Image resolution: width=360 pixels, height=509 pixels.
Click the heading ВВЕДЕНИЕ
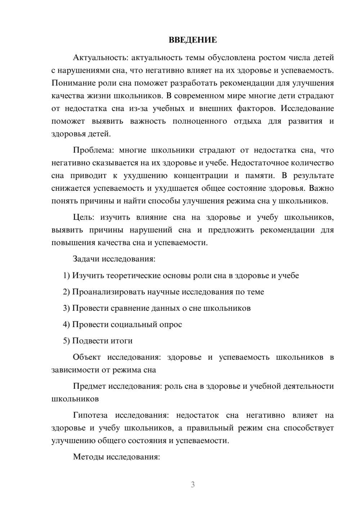(193, 40)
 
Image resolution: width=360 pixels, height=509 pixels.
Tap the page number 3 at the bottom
(193, 485)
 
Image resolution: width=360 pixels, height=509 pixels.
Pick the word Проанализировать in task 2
(108, 292)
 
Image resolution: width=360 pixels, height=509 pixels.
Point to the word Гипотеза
(90, 415)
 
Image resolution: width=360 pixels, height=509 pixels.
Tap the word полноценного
(200, 121)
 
